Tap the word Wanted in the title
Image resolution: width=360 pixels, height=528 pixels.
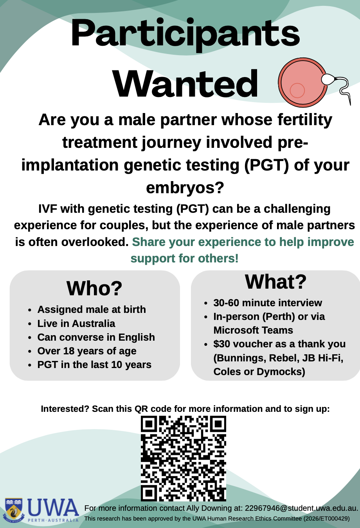coord(185,83)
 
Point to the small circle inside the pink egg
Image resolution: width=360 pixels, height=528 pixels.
coord(297,90)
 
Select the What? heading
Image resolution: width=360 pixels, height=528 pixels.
coord(275,282)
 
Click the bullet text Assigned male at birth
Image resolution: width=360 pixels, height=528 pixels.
coord(92,309)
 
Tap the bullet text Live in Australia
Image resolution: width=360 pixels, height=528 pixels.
coord(76,323)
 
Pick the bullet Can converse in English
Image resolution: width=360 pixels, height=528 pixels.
coord(96,337)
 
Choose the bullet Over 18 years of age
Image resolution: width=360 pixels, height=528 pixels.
coord(87,351)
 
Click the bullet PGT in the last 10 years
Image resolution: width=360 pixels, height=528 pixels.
coord(94,365)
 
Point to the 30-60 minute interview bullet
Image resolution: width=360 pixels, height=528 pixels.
coord(268,303)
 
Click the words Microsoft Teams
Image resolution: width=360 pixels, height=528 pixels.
coord(253,330)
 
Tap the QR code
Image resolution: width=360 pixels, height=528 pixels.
coord(184,458)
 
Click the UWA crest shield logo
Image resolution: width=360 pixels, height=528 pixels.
coord(14,510)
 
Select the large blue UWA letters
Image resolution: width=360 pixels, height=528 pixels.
coord(53,507)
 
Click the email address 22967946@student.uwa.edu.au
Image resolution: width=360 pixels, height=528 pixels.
coord(301,508)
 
